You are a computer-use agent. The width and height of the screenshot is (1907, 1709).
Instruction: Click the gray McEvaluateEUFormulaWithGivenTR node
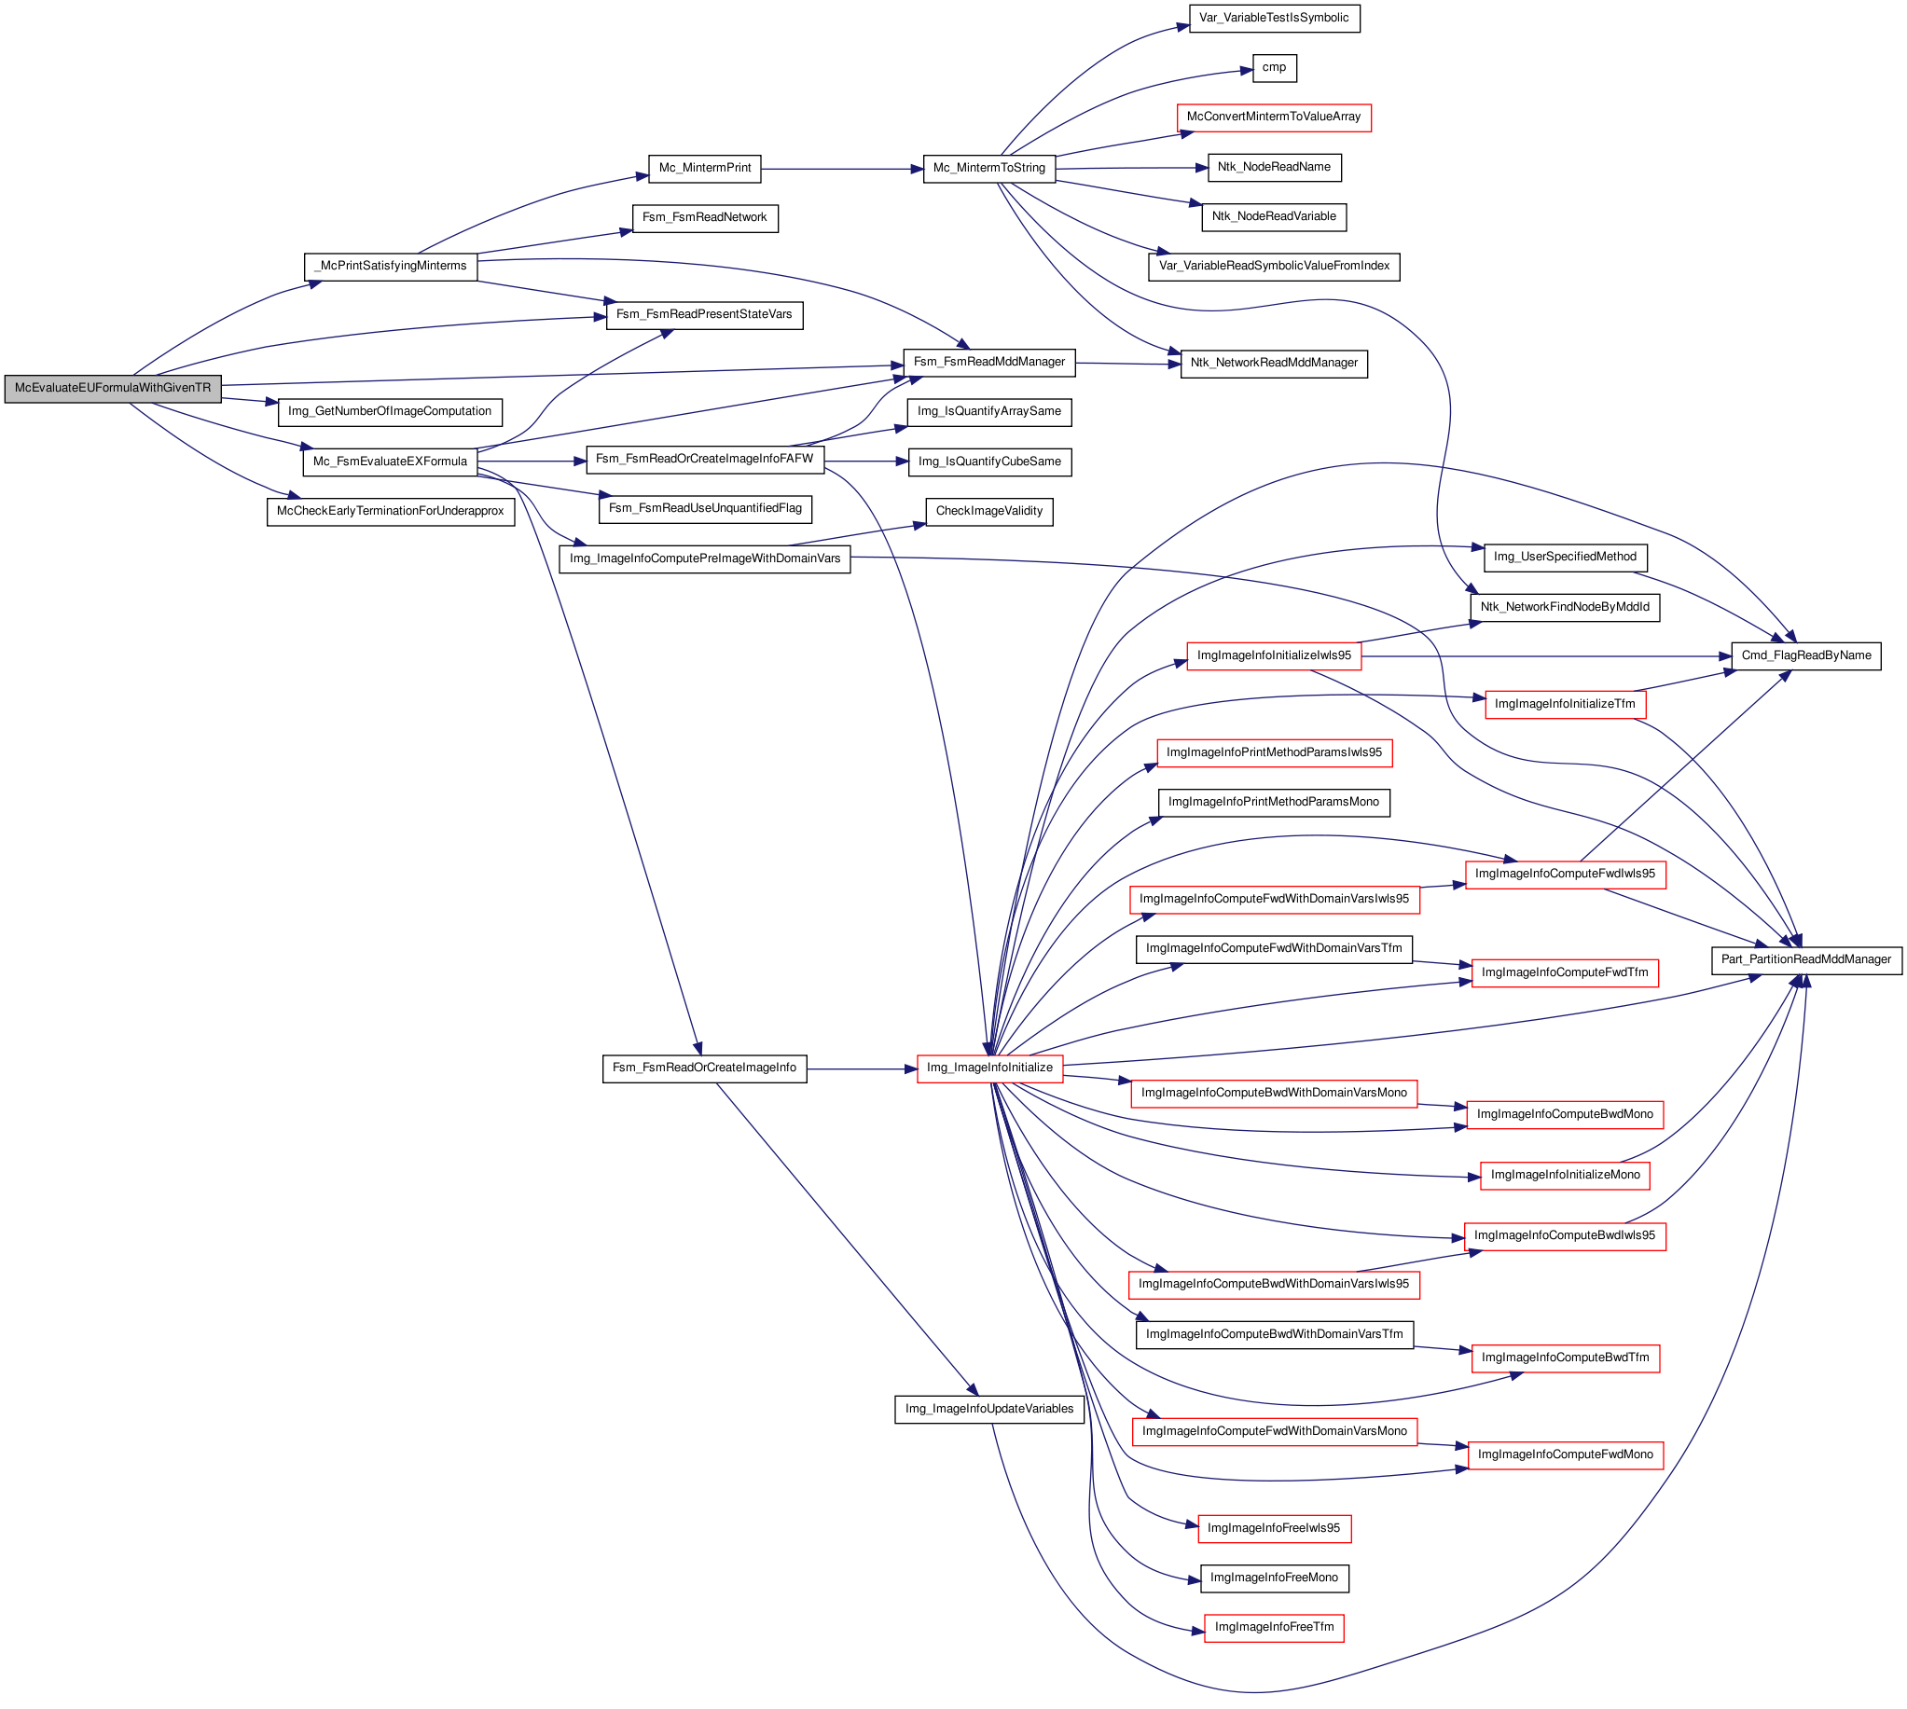113,388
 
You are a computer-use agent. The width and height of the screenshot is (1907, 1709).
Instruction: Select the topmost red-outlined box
1274,118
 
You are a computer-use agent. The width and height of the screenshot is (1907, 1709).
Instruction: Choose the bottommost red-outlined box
1273,1628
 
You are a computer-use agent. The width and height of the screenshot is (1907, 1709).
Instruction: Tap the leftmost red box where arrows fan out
989,1068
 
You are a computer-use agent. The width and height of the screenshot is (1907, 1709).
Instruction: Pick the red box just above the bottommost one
1274,1529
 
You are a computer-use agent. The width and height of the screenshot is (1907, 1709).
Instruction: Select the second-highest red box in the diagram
1273,656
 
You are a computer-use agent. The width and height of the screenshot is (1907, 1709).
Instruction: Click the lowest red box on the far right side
1565,1455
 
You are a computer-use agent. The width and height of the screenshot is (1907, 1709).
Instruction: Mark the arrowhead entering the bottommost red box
1198,1631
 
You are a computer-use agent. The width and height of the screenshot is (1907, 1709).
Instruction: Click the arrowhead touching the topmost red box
1187,134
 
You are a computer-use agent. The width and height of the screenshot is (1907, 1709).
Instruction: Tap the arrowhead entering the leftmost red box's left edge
910,1068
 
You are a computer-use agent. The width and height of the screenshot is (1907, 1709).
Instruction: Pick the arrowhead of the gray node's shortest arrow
273,402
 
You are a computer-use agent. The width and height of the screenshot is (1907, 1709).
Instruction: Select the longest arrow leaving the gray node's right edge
563,375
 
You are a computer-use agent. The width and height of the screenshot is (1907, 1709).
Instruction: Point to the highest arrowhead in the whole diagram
1185,26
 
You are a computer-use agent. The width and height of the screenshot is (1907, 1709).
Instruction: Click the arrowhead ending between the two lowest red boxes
1196,1580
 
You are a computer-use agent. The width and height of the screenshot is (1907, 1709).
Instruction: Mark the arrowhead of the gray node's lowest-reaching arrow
295,495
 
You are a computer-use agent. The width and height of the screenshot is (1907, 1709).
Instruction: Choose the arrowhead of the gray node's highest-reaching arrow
316,282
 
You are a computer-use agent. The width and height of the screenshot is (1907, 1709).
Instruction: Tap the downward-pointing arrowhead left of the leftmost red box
698,1050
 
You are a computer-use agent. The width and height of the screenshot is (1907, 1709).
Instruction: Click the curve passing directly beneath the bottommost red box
1273,1691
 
